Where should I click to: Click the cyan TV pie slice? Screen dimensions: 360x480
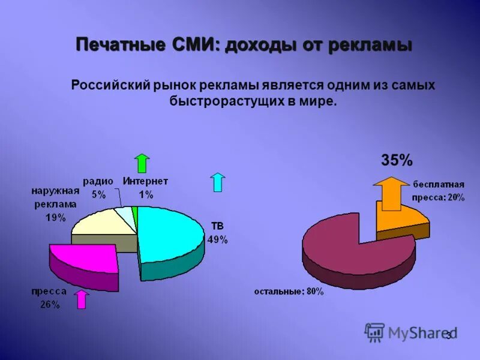pyautogui.click(x=171, y=234)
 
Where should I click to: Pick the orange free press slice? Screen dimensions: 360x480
pyautogui.click(x=408, y=219)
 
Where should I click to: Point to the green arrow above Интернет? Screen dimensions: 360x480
pyautogui.click(x=142, y=163)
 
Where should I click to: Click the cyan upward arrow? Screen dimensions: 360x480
pyautogui.click(x=218, y=182)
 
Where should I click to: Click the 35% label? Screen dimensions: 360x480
pyautogui.click(x=397, y=160)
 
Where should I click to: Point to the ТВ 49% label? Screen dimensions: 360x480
pyautogui.click(x=217, y=233)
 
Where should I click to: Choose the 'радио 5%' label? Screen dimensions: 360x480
pyautogui.click(x=98, y=187)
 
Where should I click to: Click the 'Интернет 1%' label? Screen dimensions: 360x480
pyautogui.click(x=146, y=187)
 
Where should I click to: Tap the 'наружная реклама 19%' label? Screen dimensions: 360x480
pyautogui.click(x=55, y=204)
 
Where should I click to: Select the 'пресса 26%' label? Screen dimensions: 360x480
pyautogui.click(x=49, y=298)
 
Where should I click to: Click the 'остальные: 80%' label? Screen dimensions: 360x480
pyautogui.click(x=289, y=292)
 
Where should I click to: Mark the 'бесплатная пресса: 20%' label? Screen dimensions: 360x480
pyautogui.click(x=437, y=190)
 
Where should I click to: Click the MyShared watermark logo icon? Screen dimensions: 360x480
pyautogui.click(x=374, y=332)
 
